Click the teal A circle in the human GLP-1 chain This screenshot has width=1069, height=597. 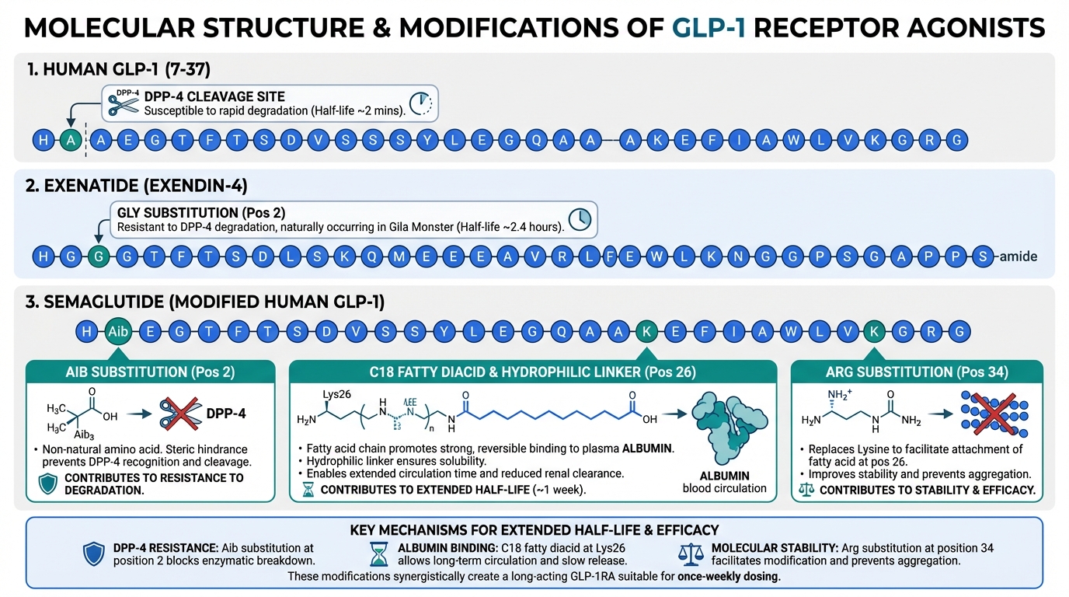coord(71,140)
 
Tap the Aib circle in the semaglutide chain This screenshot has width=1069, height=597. coord(118,331)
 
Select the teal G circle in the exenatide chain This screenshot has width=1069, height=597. coord(98,257)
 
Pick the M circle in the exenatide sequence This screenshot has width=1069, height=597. coord(400,257)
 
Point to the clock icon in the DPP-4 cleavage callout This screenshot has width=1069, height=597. coord(420,104)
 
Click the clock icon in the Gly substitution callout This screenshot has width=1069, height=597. coord(580,218)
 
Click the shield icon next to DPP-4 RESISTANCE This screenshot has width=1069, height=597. coord(94,553)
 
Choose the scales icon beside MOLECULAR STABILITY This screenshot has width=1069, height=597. coord(691,553)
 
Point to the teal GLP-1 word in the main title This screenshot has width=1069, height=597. coord(709,28)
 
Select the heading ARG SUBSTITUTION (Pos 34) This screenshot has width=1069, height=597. coord(917,372)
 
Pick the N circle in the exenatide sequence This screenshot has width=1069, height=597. coord(737,257)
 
